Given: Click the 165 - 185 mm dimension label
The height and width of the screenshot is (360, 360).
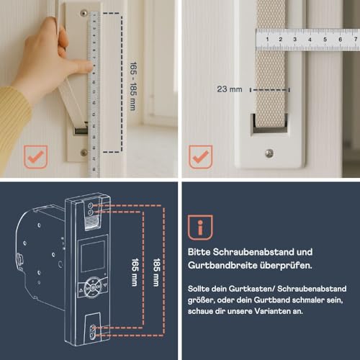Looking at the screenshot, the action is click(x=133, y=86).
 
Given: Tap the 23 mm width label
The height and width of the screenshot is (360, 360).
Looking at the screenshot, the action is click(x=230, y=89).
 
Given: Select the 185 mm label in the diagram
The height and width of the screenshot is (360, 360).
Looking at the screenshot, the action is click(x=156, y=272).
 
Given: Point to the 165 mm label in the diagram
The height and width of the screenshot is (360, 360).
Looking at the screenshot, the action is click(x=135, y=272).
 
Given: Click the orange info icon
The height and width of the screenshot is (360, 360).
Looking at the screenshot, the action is click(x=200, y=228).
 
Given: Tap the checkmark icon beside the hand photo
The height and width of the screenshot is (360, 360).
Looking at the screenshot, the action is click(x=35, y=157).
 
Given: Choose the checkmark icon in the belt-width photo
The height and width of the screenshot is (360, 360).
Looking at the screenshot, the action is click(x=201, y=157).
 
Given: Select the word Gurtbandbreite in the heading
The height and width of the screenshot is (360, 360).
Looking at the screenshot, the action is click(x=221, y=266).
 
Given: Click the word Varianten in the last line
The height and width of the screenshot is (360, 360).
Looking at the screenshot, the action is click(x=269, y=311).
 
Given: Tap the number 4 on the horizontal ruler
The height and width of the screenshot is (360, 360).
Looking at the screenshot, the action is click(x=310, y=40).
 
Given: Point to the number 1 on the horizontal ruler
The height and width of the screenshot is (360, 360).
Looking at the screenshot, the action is click(x=267, y=39).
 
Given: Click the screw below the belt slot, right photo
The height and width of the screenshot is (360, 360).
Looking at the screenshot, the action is click(x=269, y=153).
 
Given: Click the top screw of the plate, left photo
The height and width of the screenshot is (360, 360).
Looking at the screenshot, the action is click(x=84, y=13).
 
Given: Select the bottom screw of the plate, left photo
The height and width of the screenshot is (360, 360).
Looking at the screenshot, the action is click(x=84, y=152).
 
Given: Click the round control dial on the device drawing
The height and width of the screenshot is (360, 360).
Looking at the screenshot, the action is click(x=93, y=287).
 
